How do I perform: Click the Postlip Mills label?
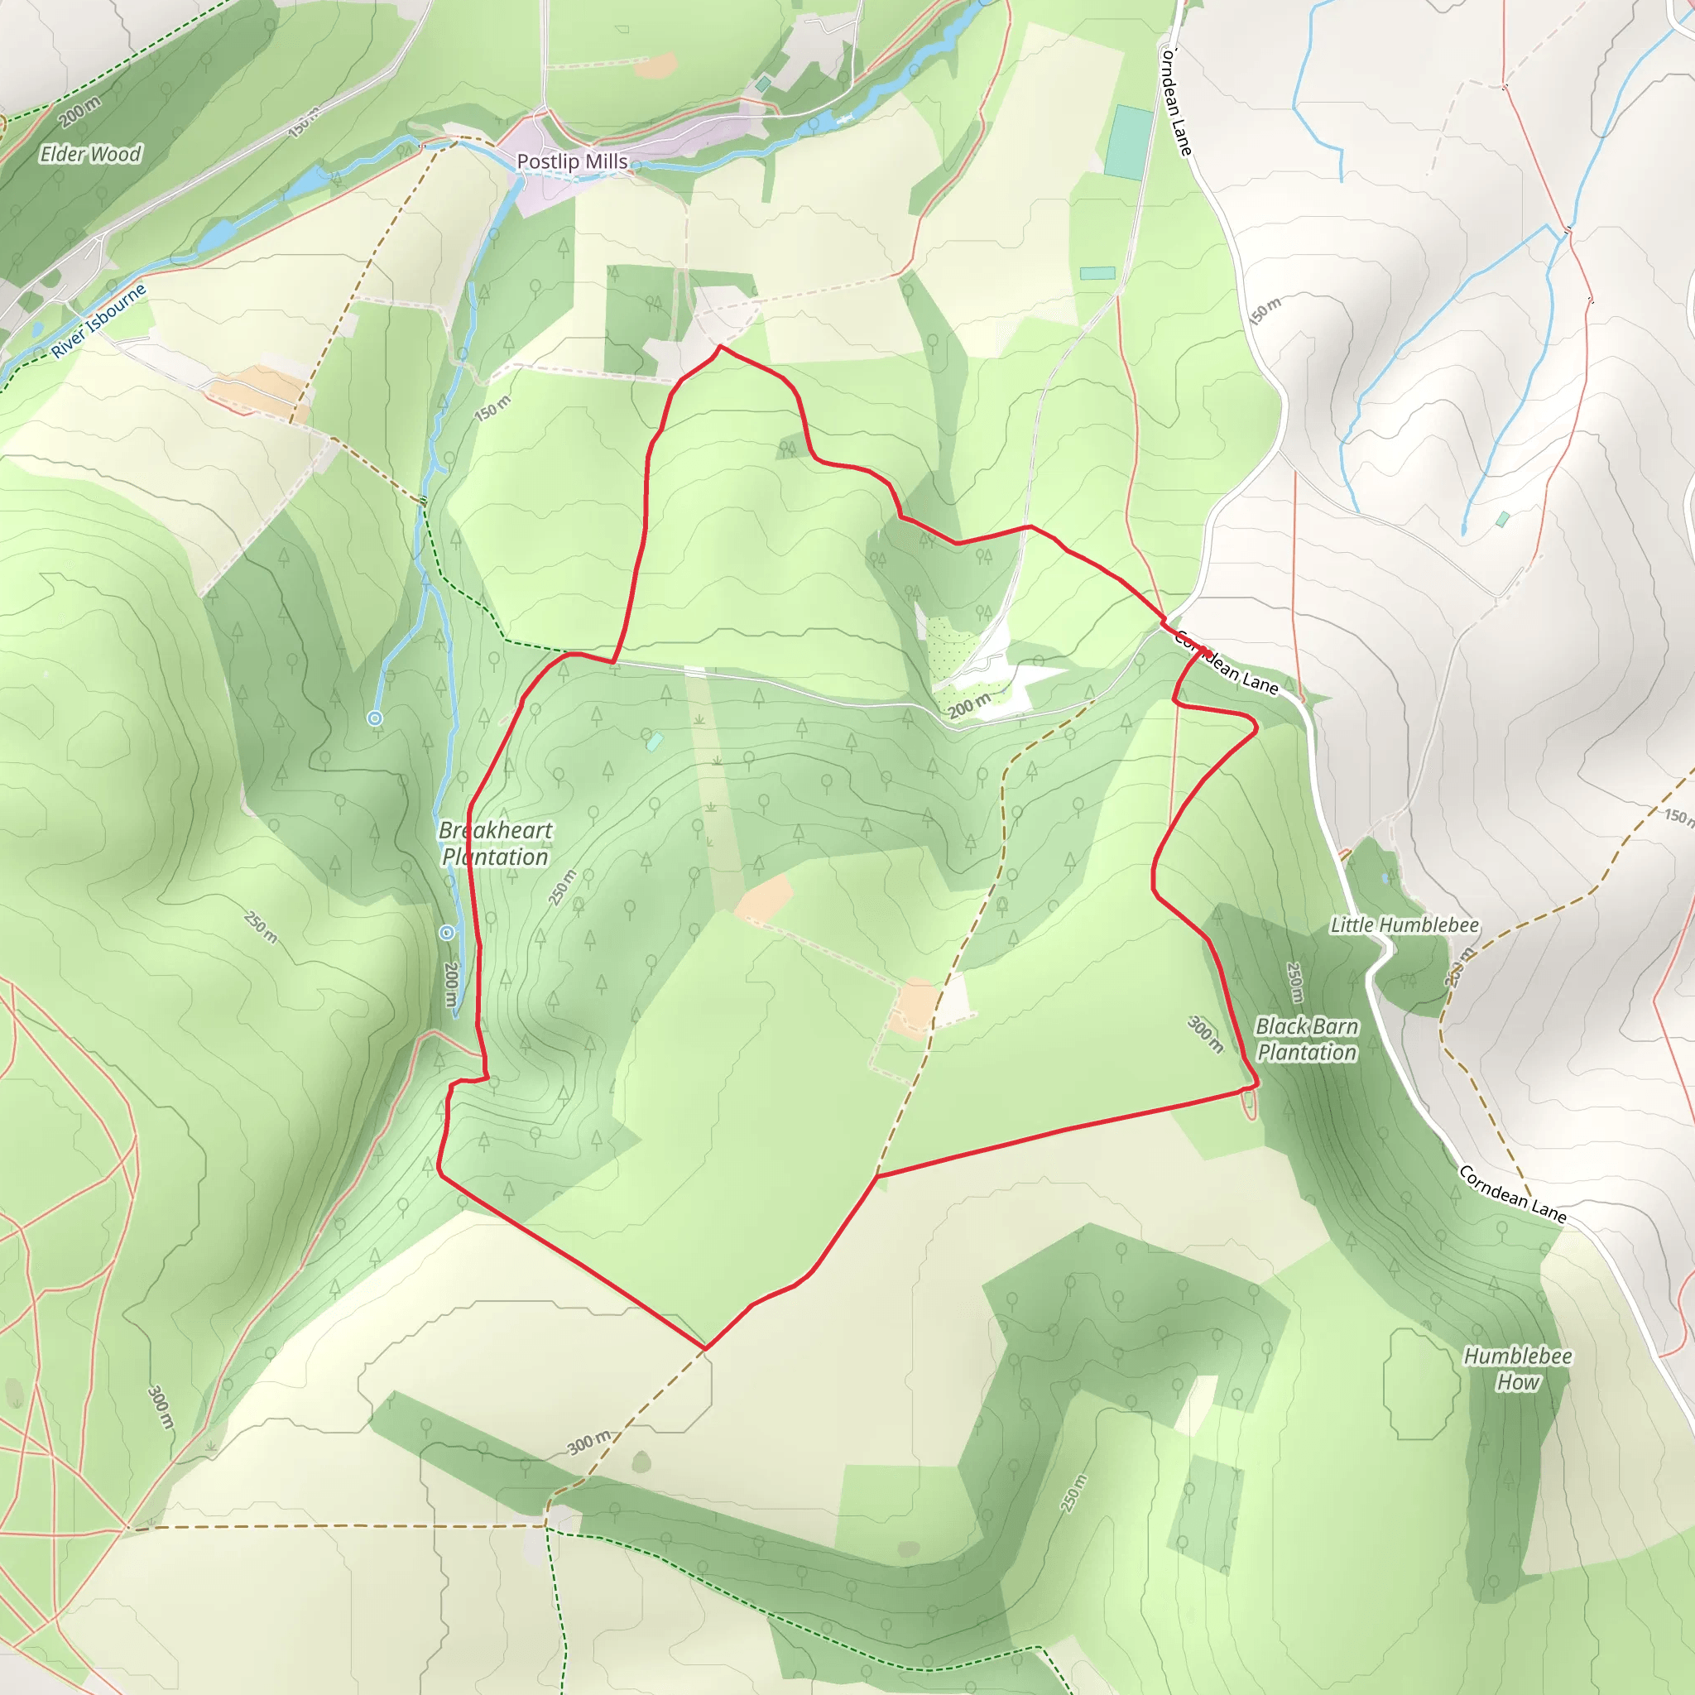click(572, 161)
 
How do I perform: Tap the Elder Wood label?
click(90, 155)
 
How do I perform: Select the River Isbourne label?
click(98, 321)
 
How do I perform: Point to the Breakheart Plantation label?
click(496, 843)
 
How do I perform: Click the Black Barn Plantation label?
click(1306, 1039)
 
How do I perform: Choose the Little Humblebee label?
click(1404, 924)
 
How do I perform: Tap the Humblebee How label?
click(1518, 1369)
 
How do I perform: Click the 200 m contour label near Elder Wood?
click(79, 112)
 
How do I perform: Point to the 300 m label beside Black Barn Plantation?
click(1205, 1035)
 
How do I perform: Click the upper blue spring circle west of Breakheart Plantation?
click(375, 718)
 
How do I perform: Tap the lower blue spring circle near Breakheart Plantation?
click(447, 933)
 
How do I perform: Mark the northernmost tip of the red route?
click(720, 347)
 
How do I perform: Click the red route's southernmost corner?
click(705, 1347)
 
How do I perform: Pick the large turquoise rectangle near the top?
click(1128, 143)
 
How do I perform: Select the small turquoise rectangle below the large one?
click(1097, 274)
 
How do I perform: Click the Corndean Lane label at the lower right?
click(1513, 1194)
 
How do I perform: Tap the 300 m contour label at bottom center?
click(588, 1442)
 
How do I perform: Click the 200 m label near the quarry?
click(968, 704)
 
